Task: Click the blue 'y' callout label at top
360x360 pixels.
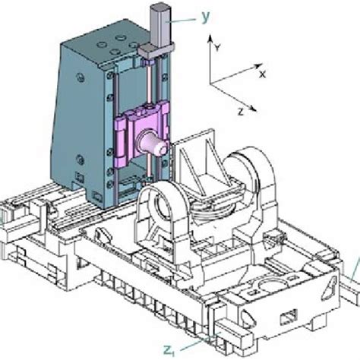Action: [206, 14]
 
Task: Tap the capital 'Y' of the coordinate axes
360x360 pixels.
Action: [218, 47]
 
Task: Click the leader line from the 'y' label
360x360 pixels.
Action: [182, 21]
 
